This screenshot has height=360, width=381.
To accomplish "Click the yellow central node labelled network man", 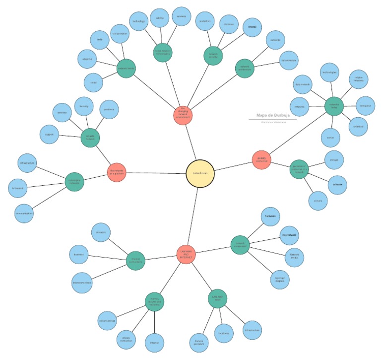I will pos(200,173).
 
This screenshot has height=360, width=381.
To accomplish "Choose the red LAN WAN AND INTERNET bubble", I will pos(186,254).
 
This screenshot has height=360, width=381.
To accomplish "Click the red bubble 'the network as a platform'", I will pos(117,172).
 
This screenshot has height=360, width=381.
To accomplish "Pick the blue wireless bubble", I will pos(182,16).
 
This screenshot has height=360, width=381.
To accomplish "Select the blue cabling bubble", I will pos(159,18).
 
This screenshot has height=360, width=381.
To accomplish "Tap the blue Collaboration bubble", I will pos(120,34).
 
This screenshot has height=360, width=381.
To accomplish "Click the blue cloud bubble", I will pos(94,82).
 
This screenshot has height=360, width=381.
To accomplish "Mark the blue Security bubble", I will pos(84,106).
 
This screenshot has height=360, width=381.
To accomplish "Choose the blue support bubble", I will pos(49,135).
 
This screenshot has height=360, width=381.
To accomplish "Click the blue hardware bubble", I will pos(270,216).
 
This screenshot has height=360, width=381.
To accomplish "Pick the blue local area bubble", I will pos(223,333).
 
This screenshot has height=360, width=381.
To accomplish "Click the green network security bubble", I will pos(214,56).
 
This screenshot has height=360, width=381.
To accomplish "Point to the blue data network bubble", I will pos(303,85).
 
